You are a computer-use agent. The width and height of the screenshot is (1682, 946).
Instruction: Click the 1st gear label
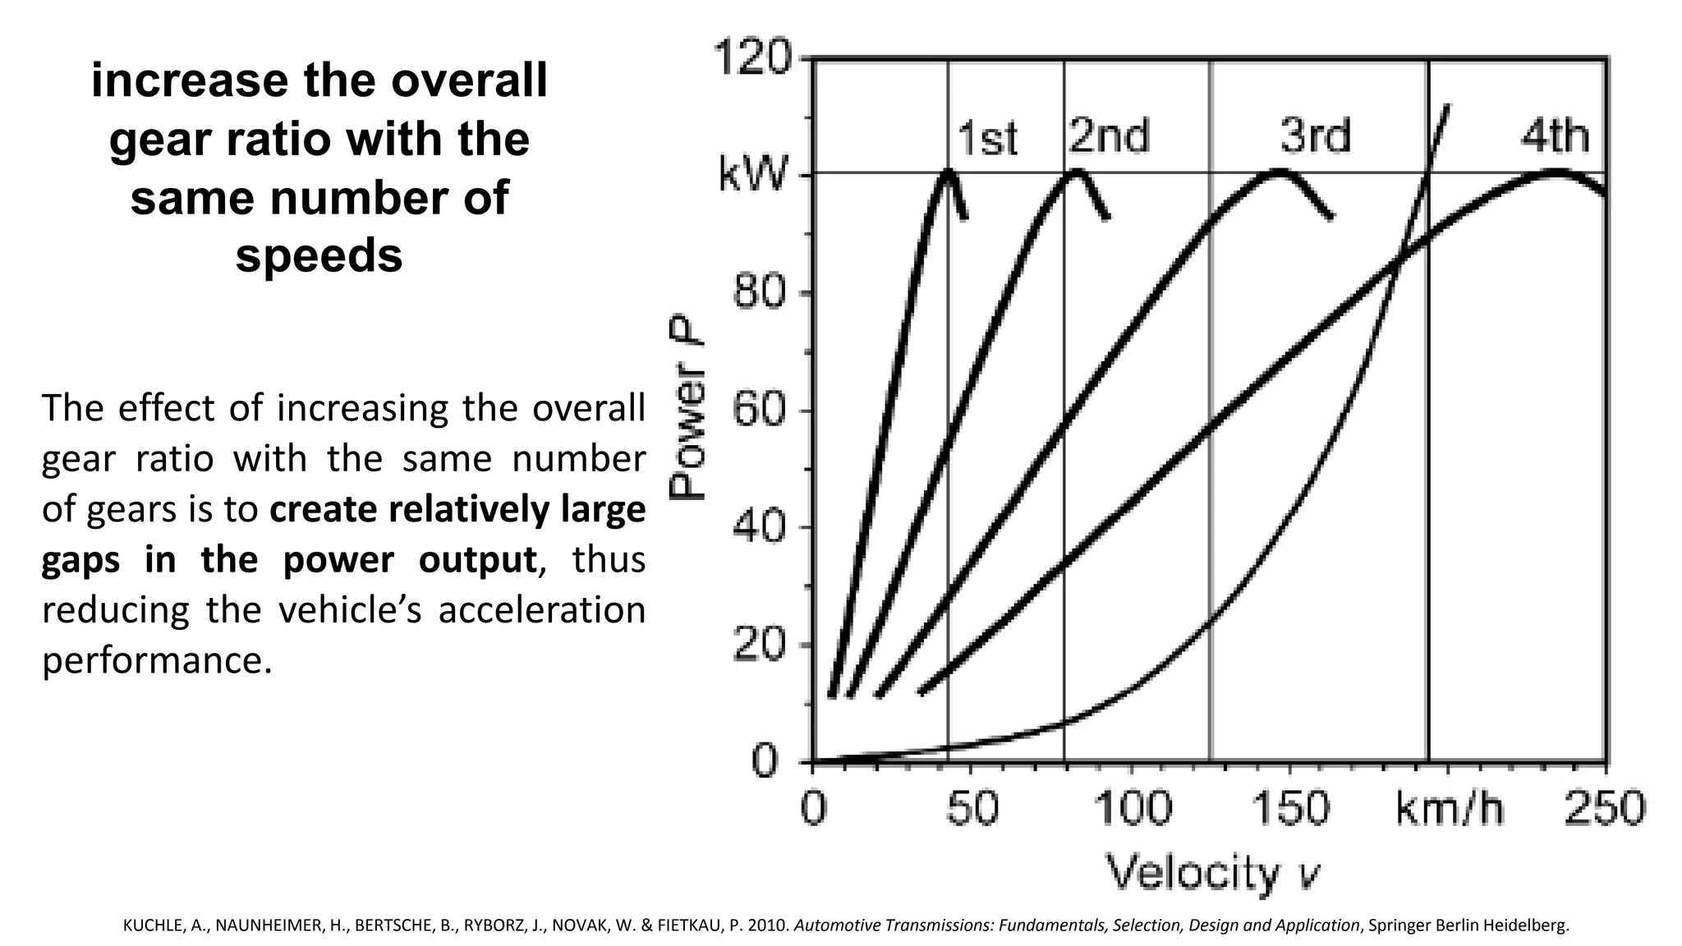coord(988,139)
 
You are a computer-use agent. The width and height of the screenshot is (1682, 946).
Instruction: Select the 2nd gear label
coord(1109,135)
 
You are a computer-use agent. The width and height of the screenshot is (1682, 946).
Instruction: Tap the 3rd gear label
coord(1315,135)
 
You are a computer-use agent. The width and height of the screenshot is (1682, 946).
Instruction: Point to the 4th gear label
coord(1555,135)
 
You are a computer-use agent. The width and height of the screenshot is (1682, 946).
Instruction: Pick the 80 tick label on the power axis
coord(761,293)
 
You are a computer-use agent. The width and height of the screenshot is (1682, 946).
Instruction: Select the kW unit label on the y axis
coord(753,175)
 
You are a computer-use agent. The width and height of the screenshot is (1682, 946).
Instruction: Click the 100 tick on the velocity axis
coord(1133,808)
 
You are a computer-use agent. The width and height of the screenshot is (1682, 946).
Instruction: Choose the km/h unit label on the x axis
coord(1450,808)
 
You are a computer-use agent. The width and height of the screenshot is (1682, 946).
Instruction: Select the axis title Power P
coord(688,408)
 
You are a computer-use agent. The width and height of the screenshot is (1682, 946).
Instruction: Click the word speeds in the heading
coord(319,255)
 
